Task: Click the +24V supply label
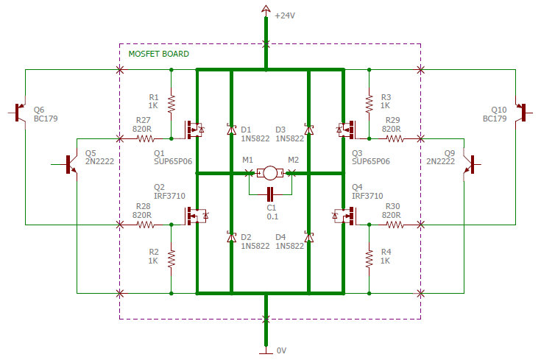286,15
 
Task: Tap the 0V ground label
280,350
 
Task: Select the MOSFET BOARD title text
158,54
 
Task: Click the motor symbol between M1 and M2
271,173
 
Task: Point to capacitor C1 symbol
271,194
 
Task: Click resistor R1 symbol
171,103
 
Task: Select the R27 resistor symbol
143,138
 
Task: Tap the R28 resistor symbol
143,224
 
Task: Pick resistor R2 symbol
171,258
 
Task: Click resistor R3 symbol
368,103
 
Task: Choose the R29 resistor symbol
396,138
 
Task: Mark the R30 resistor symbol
396,224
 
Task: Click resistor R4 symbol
368,258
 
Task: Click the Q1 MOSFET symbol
193,130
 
